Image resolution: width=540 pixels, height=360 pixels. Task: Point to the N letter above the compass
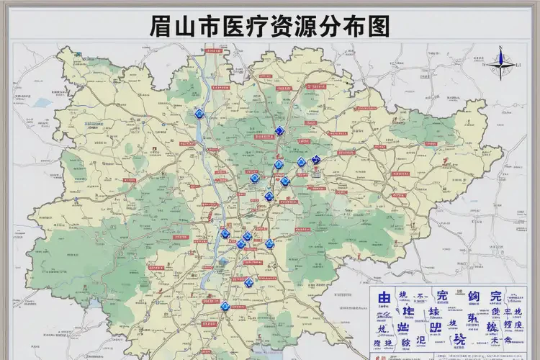499,48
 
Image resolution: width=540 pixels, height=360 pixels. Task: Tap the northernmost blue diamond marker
199,114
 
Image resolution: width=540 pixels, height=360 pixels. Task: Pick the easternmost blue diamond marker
315,159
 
